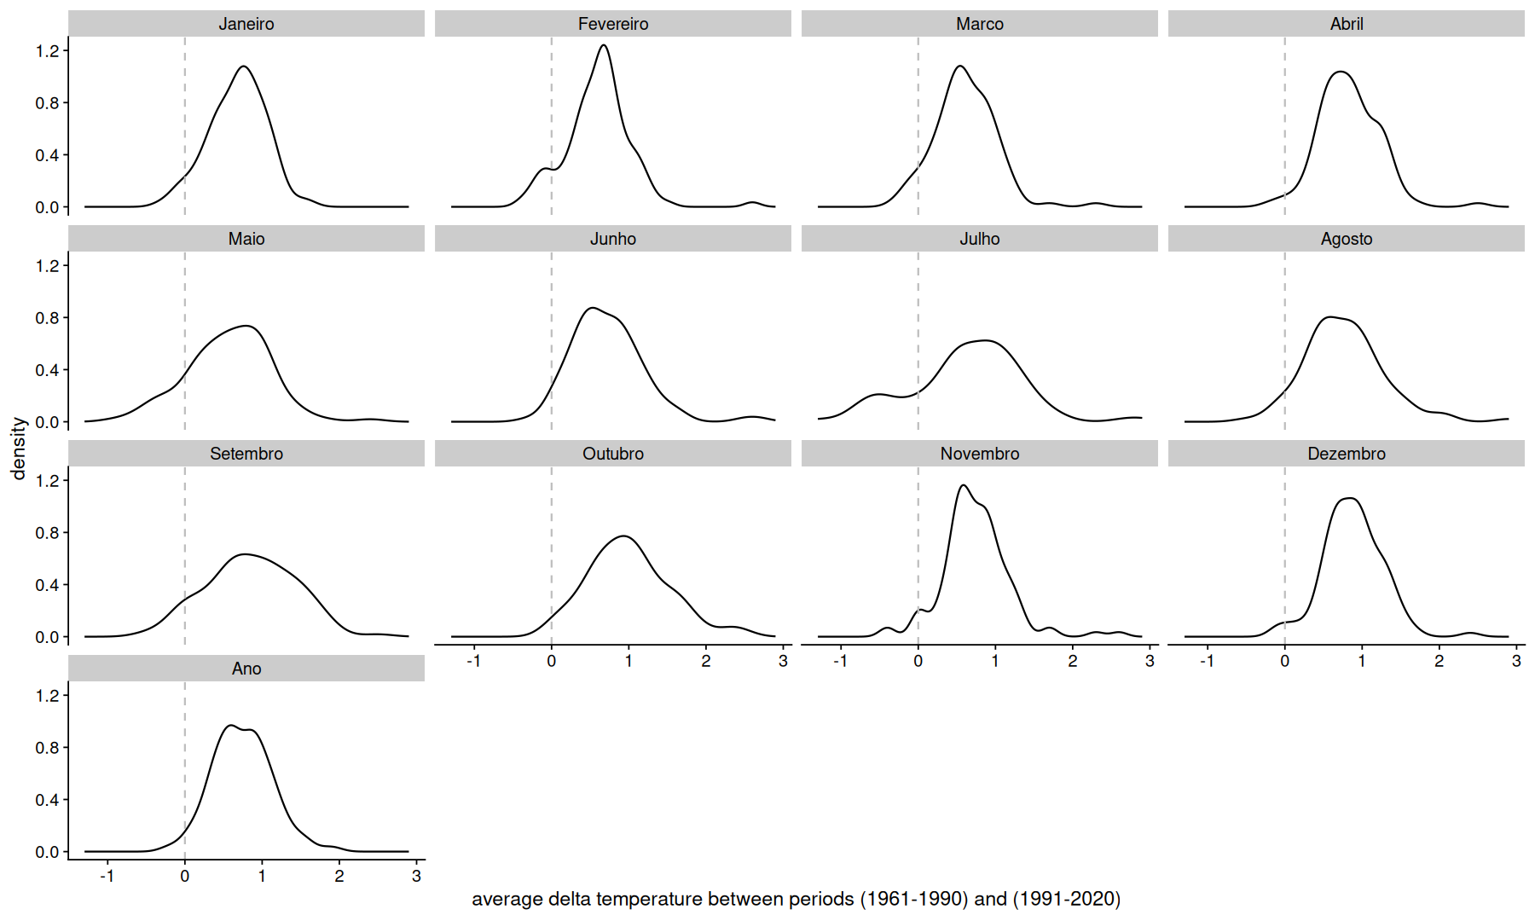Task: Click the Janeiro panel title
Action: click(x=246, y=24)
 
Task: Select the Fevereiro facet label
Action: click(x=612, y=24)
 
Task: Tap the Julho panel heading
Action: click(x=979, y=239)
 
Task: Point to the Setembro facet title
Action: click(x=246, y=454)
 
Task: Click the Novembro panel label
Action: click(x=979, y=454)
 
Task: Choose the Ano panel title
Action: click(x=246, y=669)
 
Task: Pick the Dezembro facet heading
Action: click(x=1346, y=454)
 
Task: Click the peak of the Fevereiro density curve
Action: click(x=604, y=45)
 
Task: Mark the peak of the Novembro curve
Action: click(x=964, y=485)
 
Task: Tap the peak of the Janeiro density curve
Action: click(x=244, y=67)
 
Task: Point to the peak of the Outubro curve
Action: click(x=624, y=536)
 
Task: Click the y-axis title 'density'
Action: click(x=19, y=449)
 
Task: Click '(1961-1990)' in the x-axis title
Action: click(x=913, y=899)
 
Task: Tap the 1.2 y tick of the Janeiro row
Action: click(x=47, y=51)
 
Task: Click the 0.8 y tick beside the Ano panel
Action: click(x=47, y=748)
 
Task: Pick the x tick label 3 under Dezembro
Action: click(x=1516, y=661)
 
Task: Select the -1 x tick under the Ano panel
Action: click(x=107, y=876)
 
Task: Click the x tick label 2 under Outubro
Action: click(x=706, y=661)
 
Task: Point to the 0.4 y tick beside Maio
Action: click(x=47, y=370)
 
